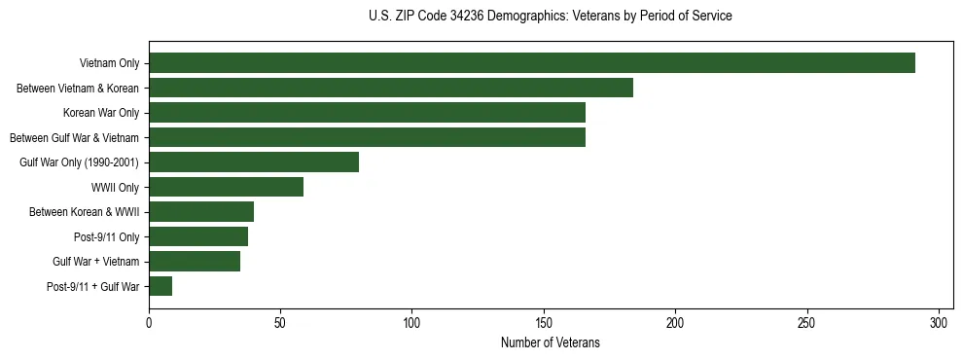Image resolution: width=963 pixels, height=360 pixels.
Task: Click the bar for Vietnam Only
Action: pos(532,63)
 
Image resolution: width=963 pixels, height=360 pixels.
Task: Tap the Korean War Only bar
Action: pos(367,113)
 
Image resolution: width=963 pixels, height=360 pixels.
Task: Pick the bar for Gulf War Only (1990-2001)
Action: pos(254,162)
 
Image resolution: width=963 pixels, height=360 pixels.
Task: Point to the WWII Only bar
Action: pos(226,187)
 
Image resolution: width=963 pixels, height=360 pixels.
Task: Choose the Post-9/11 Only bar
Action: pos(198,236)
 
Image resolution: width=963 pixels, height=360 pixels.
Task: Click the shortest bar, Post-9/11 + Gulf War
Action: pos(160,286)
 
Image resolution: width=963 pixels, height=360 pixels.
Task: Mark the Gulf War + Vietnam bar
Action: pos(195,262)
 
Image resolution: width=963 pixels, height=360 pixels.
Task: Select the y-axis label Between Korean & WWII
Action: pos(85,212)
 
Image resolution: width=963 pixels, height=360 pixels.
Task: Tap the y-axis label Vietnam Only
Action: pos(109,64)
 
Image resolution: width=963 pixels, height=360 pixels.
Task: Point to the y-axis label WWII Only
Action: pos(115,188)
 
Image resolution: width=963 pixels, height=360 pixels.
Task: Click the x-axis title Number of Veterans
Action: pos(551,342)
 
